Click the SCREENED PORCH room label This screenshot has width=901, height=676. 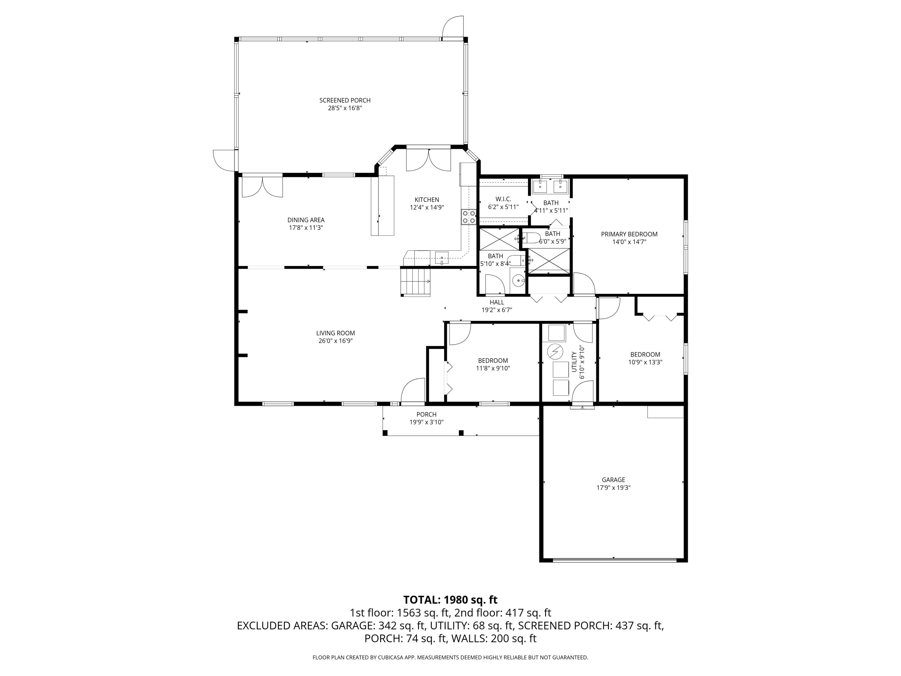pyautogui.click(x=344, y=100)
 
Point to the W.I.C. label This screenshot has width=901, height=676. pyautogui.click(x=503, y=199)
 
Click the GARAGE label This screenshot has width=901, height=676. pyautogui.click(x=613, y=480)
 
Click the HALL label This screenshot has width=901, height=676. pyautogui.click(x=496, y=302)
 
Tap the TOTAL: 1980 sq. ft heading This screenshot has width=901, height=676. pyautogui.click(x=450, y=600)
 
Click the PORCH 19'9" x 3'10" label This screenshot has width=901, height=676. pyautogui.click(x=426, y=419)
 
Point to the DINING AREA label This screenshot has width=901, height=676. pyautogui.click(x=306, y=220)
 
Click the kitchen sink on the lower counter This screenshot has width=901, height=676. pyautogui.click(x=441, y=258)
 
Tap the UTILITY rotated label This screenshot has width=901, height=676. pyautogui.click(x=574, y=362)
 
